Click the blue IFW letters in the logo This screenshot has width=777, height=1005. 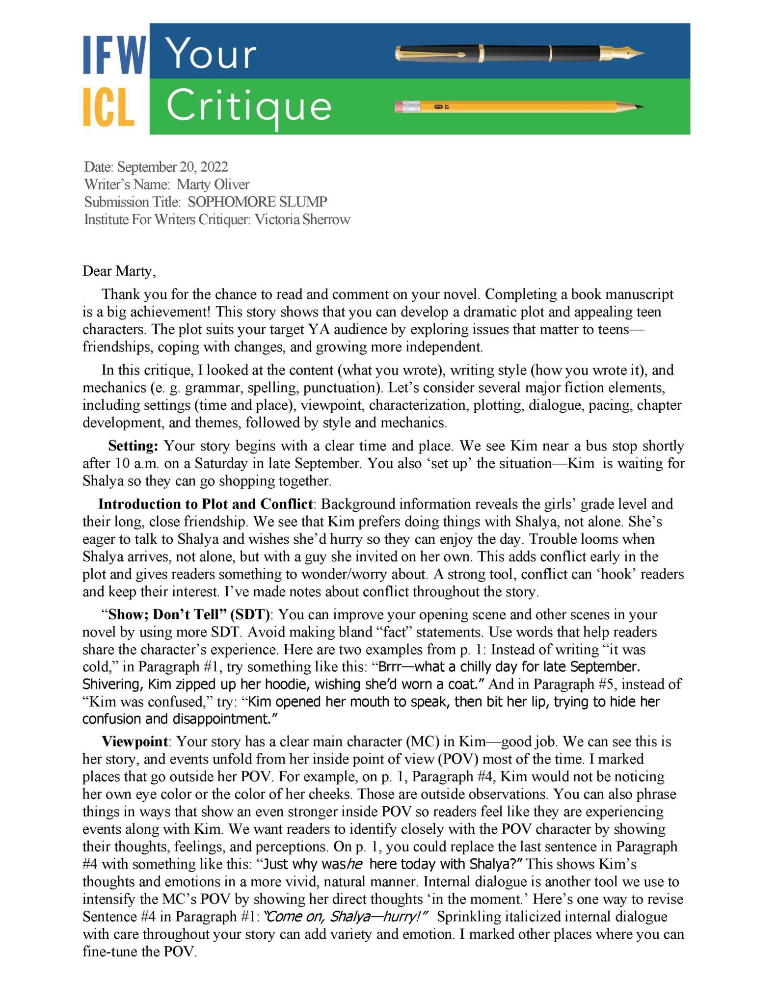point(114,55)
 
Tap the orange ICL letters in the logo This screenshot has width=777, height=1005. point(108,107)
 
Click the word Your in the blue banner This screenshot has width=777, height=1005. point(211,53)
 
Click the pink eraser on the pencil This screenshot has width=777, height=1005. point(403,106)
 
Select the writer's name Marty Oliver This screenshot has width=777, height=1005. point(213,185)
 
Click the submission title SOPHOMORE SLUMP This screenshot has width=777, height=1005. point(257,202)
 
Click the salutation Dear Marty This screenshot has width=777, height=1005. point(119,271)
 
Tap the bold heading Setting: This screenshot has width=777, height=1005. point(133,446)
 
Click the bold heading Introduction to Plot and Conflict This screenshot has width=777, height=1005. point(205,504)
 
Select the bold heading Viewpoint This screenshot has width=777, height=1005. point(134,741)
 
